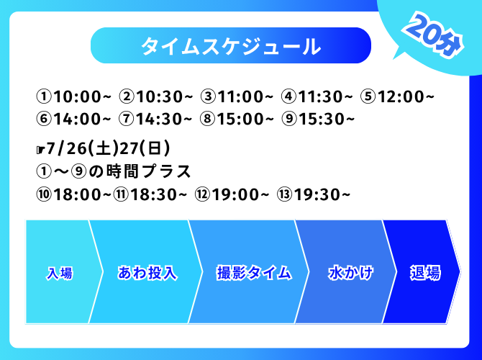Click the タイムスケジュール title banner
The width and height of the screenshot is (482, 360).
(231, 45)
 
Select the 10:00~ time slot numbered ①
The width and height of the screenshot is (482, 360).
(73, 96)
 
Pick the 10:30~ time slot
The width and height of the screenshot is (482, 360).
(156, 96)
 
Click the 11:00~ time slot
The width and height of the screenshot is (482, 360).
(237, 96)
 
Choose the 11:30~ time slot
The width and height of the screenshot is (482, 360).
(317, 96)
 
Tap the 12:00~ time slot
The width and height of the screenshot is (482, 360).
(397, 96)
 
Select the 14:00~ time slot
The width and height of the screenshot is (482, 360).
(73, 119)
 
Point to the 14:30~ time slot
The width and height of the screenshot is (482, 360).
(156, 119)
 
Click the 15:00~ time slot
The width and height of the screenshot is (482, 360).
(237, 119)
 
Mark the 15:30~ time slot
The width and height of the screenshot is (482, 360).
(319, 119)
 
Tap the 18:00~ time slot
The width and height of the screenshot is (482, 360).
(73, 194)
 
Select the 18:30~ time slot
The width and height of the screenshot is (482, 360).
(150, 194)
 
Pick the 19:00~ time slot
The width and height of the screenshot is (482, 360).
(232, 194)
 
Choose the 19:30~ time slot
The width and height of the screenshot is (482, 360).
(314, 194)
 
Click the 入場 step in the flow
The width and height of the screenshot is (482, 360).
(60, 272)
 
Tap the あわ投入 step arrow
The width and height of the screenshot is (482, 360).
(147, 272)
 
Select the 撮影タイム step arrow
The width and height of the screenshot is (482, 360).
(254, 272)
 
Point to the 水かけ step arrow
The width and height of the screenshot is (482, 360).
(350, 272)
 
